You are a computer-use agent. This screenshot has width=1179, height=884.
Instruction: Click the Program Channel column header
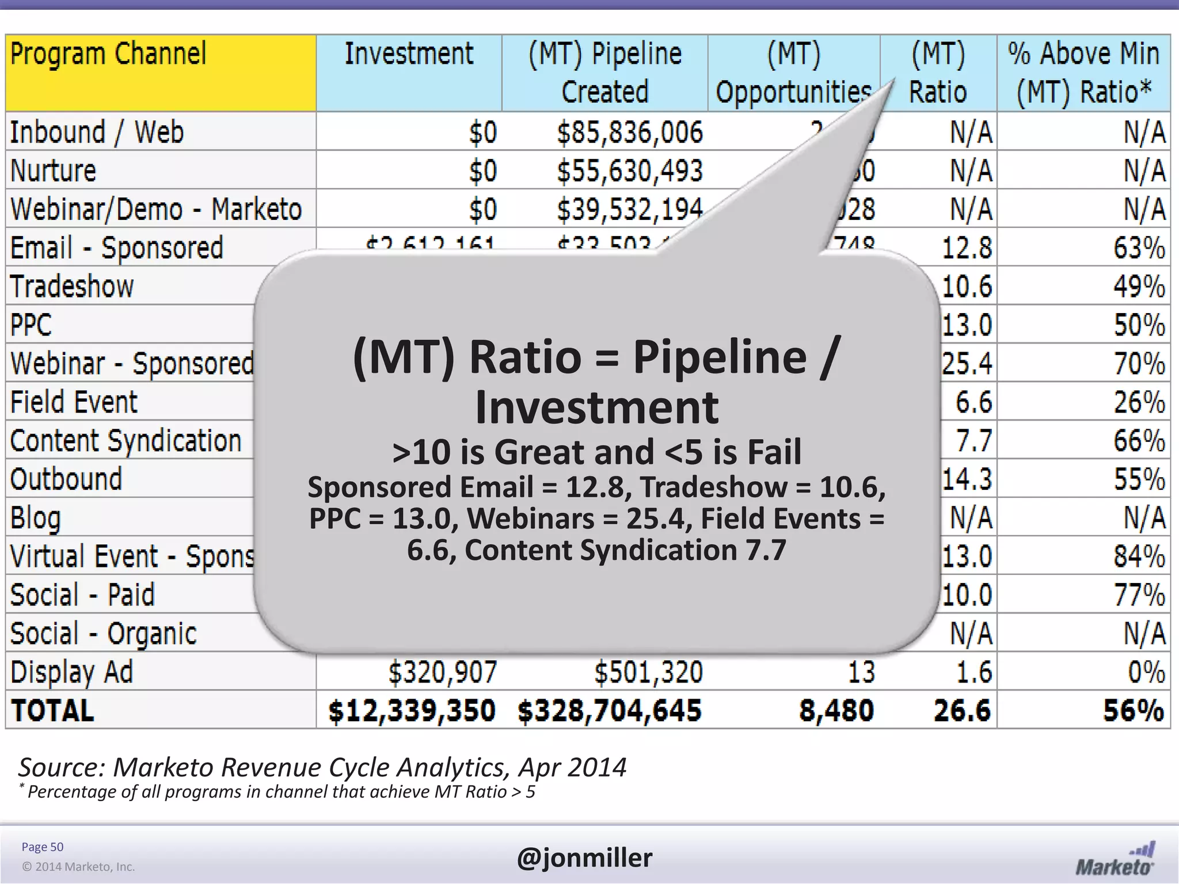(108, 55)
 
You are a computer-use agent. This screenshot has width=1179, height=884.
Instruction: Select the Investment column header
(409, 55)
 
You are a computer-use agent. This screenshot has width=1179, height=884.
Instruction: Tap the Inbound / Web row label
(97, 132)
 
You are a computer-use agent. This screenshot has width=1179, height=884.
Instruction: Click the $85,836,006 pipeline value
(630, 132)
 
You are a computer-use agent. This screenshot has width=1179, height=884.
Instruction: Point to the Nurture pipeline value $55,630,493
(630, 171)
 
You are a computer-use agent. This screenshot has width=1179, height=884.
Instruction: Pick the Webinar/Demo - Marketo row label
(156, 209)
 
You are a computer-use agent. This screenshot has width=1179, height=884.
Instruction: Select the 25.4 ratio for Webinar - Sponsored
(967, 364)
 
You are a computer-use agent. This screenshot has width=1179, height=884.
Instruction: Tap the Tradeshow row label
(72, 287)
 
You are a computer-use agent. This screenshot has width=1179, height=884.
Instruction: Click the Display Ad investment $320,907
(442, 672)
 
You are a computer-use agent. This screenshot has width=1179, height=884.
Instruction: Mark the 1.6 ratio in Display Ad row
(974, 672)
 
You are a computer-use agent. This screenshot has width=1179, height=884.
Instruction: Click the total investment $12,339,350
(412, 711)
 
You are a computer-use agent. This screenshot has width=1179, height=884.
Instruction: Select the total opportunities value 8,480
(836, 711)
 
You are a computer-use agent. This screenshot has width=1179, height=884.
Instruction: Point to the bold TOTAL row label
(52, 711)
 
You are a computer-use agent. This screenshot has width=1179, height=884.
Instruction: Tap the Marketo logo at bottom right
(1115, 859)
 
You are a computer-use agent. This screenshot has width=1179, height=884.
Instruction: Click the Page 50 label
(43, 847)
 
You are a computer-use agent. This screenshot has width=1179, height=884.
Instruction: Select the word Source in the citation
(60, 768)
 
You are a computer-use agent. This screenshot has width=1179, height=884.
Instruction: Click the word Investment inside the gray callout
(596, 407)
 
